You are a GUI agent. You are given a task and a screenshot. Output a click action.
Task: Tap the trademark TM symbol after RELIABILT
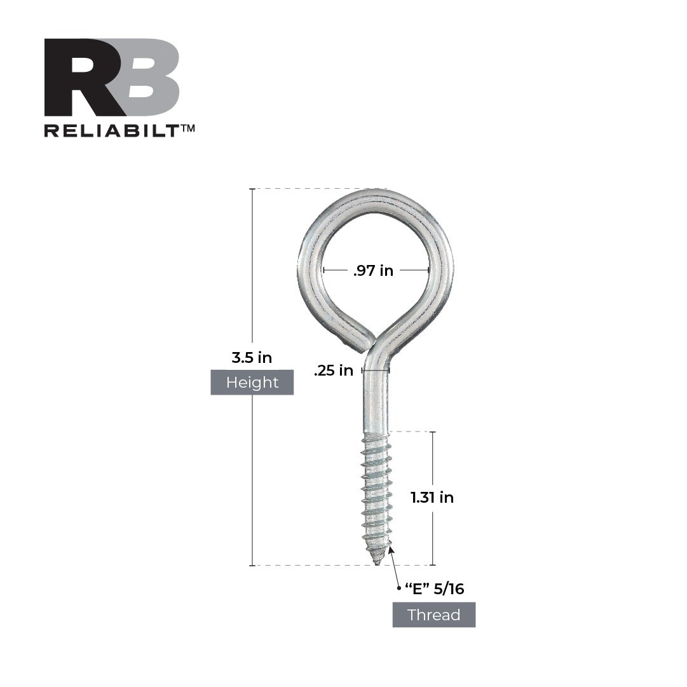pos(188,128)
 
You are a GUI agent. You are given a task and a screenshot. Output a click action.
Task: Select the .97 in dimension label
pos(374,271)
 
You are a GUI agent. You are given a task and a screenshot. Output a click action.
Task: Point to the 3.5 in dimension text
pos(252,358)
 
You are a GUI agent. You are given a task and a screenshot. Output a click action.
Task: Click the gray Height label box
pos(252,383)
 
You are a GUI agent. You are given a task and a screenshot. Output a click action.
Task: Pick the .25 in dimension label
pos(334,371)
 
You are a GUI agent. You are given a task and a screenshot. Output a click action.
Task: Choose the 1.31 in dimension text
pos(432,498)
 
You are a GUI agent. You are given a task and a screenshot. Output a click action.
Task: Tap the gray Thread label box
pos(434,615)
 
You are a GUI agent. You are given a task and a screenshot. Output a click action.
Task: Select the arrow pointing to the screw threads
pos(395,565)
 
